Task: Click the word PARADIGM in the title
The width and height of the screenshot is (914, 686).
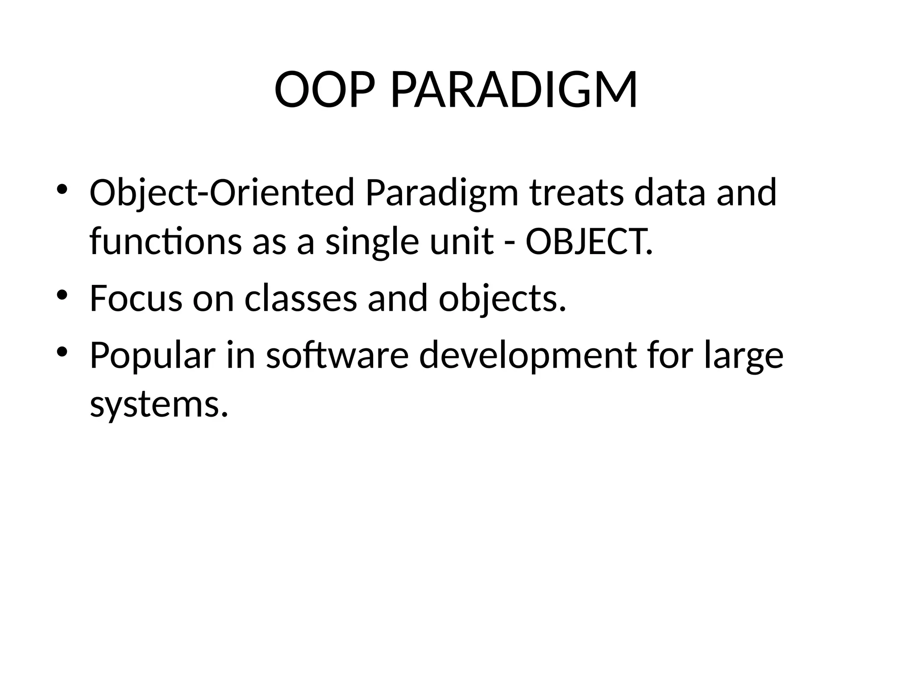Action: tap(514, 90)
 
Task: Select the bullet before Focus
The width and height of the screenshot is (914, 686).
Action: tap(62, 294)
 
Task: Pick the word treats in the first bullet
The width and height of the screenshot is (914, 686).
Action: tap(576, 193)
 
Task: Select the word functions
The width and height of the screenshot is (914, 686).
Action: tap(166, 242)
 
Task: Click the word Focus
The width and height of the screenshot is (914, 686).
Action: tap(136, 298)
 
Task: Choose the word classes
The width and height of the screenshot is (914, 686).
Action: tap(301, 298)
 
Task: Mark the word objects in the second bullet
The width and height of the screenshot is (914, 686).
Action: tap(502, 298)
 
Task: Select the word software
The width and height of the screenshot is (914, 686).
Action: tap(337, 356)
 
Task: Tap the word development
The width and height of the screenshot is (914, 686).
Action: tap(528, 356)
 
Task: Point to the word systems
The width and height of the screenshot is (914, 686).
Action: tap(159, 405)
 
